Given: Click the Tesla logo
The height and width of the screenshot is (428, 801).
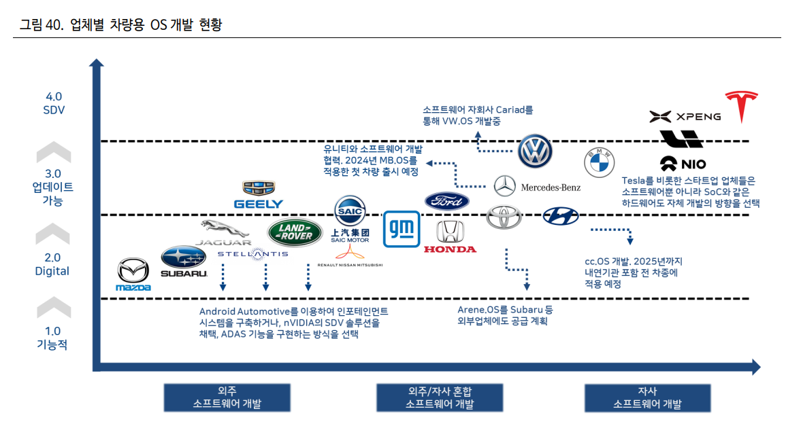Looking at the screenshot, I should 742,107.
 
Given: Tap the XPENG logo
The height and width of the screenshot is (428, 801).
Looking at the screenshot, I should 685,117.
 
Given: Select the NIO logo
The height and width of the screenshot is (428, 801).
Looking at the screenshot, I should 683,164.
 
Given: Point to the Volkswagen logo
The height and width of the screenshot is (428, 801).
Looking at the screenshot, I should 534,151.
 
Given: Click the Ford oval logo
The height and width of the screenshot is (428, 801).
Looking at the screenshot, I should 447,201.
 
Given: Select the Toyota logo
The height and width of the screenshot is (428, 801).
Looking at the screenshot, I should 504,217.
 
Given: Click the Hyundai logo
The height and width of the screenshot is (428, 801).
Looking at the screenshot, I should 561,217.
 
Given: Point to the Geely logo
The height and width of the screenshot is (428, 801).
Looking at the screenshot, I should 259,195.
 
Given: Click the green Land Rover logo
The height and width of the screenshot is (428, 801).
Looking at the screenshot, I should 295,233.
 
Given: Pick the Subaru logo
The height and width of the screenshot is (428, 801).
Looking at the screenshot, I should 183,261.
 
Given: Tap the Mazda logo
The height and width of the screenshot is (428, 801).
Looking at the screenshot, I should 133,275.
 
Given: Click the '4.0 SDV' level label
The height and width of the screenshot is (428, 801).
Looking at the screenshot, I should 53,103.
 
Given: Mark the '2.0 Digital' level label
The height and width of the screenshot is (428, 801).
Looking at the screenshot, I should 52,264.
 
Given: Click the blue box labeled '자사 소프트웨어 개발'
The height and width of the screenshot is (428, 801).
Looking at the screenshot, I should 647,397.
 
